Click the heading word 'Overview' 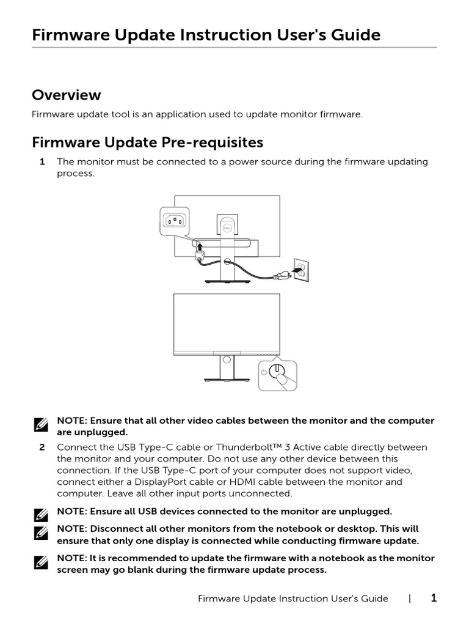coord(66,95)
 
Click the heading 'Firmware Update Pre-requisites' coord(147,142)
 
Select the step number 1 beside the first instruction coord(42,162)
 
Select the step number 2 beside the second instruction coord(42,447)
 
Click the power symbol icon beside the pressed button coord(264,372)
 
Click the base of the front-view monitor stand coord(227,380)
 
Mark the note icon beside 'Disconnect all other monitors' coord(42,533)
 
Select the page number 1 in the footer coord(434,598)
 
